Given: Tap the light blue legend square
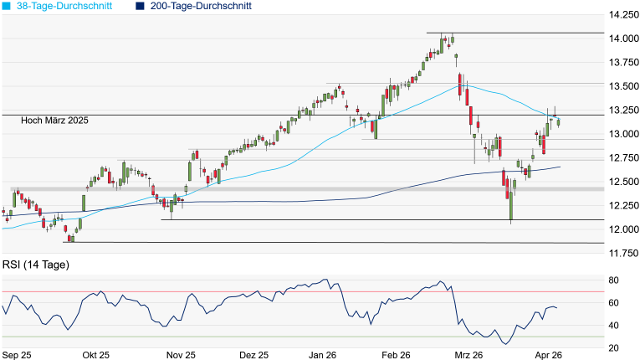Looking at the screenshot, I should [x=6, y=6].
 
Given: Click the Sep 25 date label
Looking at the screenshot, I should [x=17, y=355].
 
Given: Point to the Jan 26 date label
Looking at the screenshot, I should [x=323, y=355].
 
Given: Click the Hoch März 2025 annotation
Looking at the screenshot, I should [x=55, y=121].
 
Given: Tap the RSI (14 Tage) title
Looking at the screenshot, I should [x=36, y=265].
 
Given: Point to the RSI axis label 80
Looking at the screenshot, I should [x=613, y=280].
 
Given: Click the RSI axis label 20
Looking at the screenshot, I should [x=613, y=348].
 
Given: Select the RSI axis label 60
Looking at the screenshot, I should [x=613, y=303].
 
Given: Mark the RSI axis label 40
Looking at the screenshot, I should [x=613, y=326].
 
